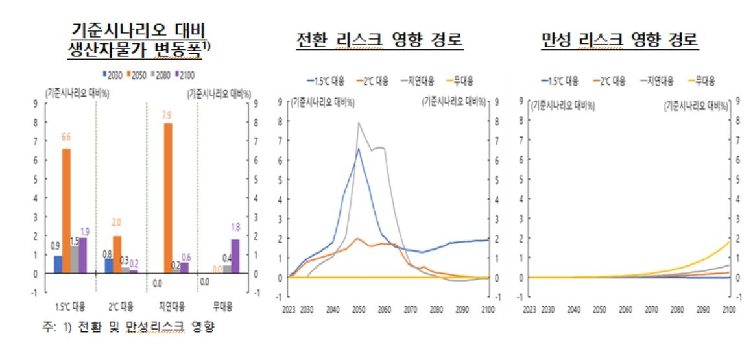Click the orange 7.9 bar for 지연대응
[167, 198]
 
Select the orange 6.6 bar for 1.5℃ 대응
[66, 211]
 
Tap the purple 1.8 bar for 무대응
[235, 256]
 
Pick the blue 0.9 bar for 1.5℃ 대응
[58, 264]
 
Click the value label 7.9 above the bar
[167, 115]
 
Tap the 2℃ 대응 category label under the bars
[119, 306]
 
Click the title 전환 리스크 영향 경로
[379, 40]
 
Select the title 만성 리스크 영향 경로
[620, 40]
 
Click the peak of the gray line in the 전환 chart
[359, 123]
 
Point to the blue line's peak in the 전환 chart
[358, 149]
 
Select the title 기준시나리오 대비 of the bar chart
[141, 30]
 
